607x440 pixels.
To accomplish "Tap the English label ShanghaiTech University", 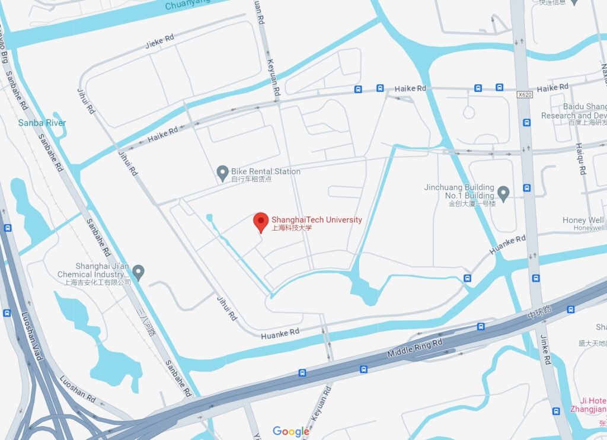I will point(317,219).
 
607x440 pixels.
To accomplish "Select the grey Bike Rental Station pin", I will point(223,173).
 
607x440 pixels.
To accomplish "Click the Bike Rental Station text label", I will point(266,171).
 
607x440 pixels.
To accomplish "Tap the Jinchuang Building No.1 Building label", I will point(459,191).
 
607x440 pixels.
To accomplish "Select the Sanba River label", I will point(42,123).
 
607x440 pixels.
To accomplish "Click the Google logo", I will point(290,431).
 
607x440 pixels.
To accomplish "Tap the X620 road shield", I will point(524,94).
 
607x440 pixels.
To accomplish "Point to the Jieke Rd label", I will point(159,41).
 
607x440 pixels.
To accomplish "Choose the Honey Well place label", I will point(583,220).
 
